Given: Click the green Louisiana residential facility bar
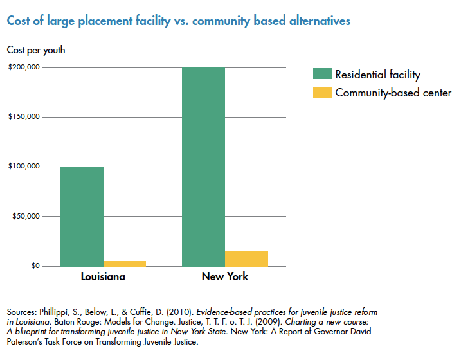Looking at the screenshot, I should [82, 216].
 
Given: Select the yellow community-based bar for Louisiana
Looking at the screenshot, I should [125, 263].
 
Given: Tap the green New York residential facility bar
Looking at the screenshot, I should [204, 166].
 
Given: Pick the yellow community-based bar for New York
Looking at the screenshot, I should [246, 258].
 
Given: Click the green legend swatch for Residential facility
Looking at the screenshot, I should [321, 74].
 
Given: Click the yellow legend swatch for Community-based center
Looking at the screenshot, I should [321, 92].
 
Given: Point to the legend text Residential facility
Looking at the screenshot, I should [377, 75].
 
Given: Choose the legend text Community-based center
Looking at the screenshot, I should [393, 93].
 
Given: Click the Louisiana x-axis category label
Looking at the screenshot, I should [103, 277].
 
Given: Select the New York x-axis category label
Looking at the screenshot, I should [225, 277].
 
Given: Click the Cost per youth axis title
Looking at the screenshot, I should [36, 50].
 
